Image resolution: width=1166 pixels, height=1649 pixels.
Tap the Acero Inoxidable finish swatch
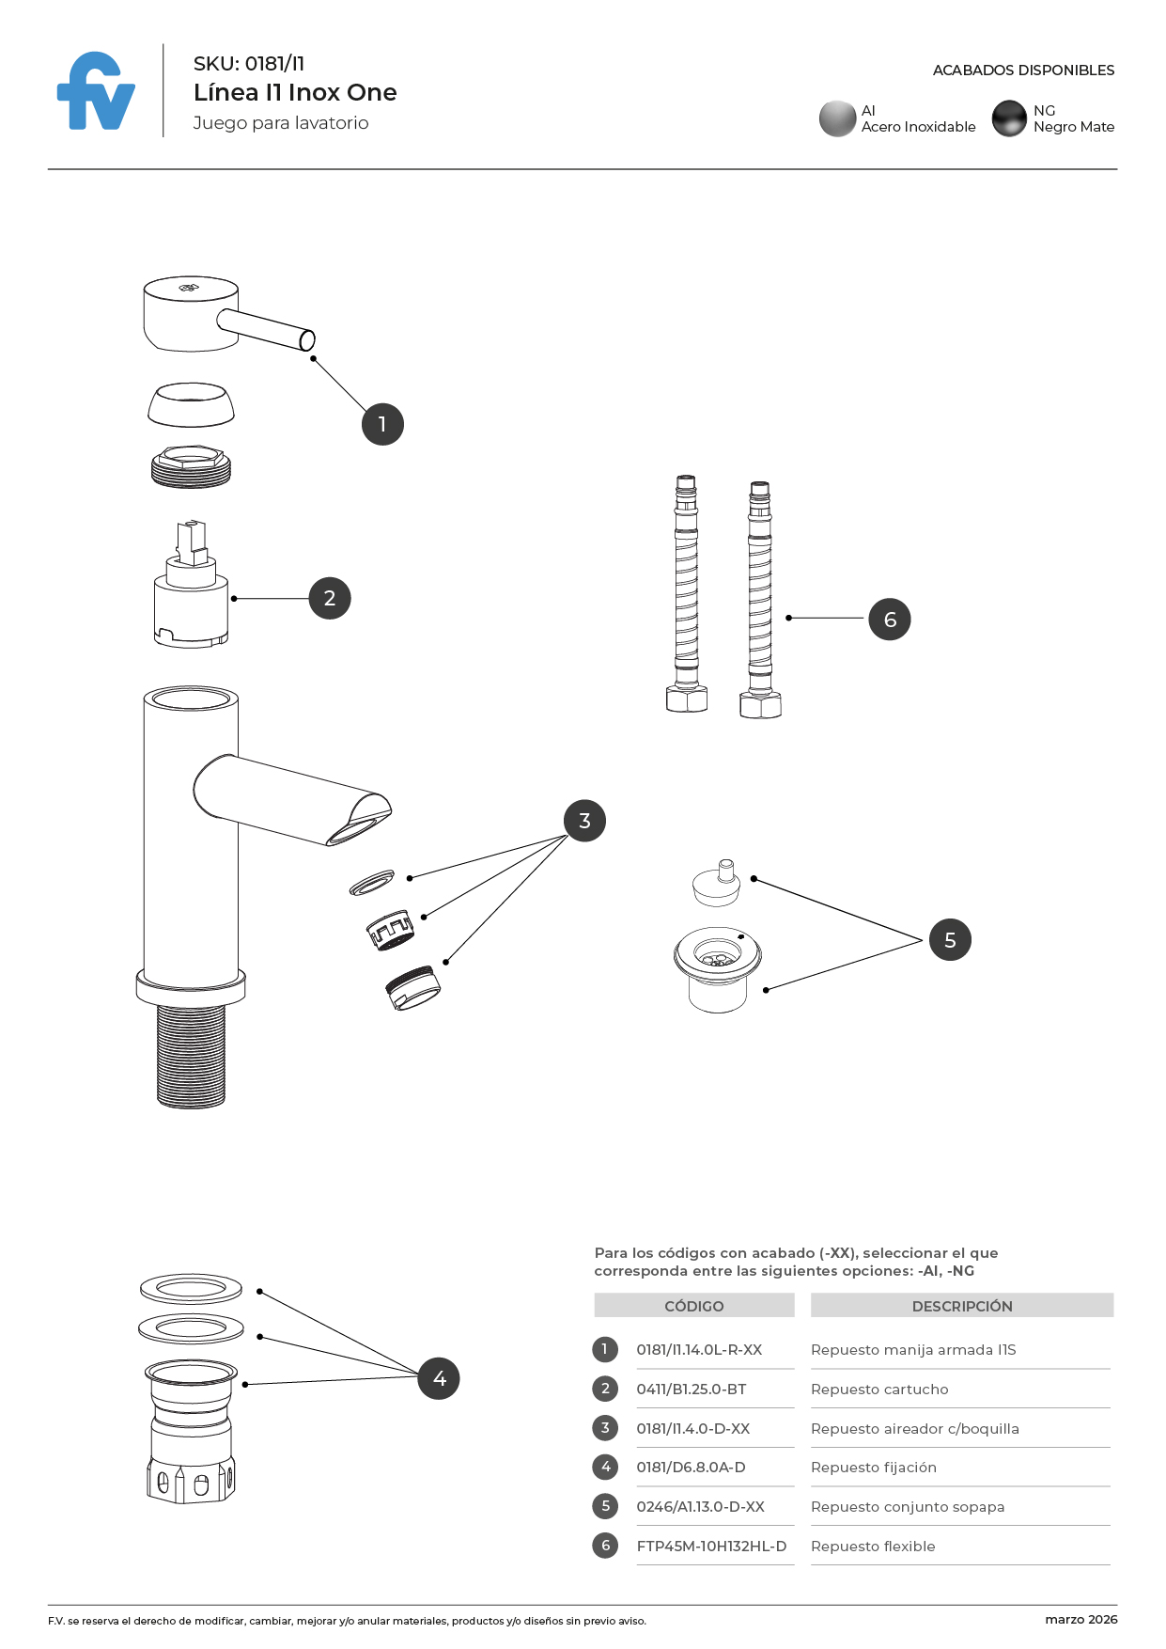837,119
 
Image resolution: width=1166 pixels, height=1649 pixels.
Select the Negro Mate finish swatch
1009,119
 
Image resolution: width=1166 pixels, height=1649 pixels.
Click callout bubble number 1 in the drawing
382,425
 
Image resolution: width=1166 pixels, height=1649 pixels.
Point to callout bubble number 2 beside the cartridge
330,599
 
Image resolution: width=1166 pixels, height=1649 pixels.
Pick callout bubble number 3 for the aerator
584,822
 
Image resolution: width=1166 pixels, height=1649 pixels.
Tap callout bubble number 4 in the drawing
439,1379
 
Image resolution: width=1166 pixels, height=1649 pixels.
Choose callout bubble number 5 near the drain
950,940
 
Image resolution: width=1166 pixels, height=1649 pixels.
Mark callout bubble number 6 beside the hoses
890,620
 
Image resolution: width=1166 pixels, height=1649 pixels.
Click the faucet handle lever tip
306,340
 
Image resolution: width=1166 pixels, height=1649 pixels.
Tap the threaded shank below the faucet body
191,1055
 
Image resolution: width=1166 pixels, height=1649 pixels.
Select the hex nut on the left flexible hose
687,699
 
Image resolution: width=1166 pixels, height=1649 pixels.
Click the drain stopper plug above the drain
717,884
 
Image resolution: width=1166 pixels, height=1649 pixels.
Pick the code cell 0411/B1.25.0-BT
692,1390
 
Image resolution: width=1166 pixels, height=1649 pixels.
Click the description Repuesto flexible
873,1547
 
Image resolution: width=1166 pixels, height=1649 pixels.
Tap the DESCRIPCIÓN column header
962,1306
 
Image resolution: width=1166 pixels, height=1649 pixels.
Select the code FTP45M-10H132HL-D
711,1547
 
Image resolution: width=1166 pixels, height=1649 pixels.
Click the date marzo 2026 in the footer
1080,1620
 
